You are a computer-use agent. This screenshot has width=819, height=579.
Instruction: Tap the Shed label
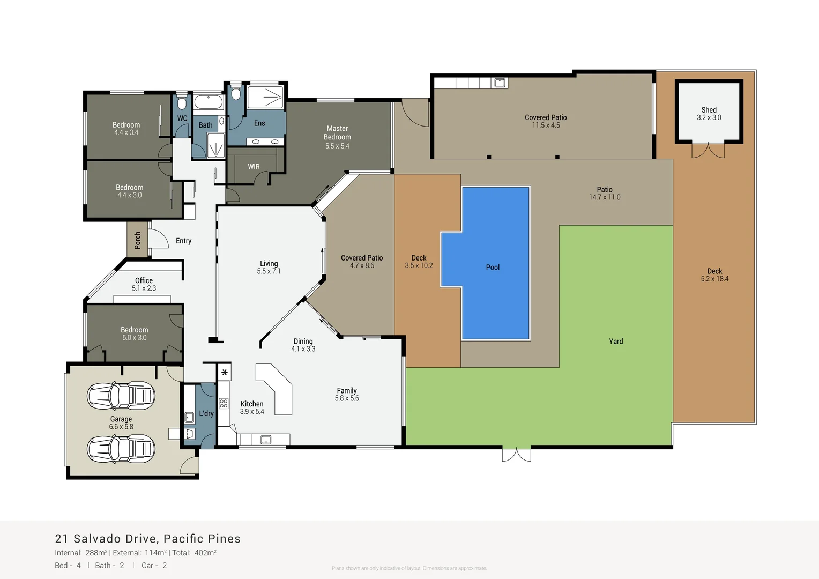pos(709,110)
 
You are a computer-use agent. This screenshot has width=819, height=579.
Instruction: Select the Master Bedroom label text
pos(337,133)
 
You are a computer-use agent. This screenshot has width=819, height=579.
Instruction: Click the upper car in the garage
pos(121,396)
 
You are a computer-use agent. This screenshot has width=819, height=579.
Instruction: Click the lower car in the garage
pos(121,449)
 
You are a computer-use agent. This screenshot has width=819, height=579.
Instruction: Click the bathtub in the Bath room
pos(208,102)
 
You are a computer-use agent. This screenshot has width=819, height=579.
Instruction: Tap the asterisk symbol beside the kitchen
pos(224,372)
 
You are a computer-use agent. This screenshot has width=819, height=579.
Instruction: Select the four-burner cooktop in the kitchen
pos(224,404)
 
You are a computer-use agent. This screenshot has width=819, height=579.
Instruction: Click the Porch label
pos(138,240)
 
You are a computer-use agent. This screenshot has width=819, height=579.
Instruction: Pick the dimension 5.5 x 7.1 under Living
pos(269,271)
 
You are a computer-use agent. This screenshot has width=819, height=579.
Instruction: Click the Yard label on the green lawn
pos(616,341)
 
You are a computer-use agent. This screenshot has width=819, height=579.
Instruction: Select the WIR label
pos(254,167)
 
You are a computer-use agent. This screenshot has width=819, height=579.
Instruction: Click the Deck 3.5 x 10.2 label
pos(419,262)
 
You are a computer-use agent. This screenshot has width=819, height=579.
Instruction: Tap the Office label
pos(144,280)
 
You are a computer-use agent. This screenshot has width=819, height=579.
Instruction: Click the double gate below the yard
pos(516,455)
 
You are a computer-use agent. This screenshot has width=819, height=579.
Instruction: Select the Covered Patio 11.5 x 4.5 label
pos(546,121)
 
